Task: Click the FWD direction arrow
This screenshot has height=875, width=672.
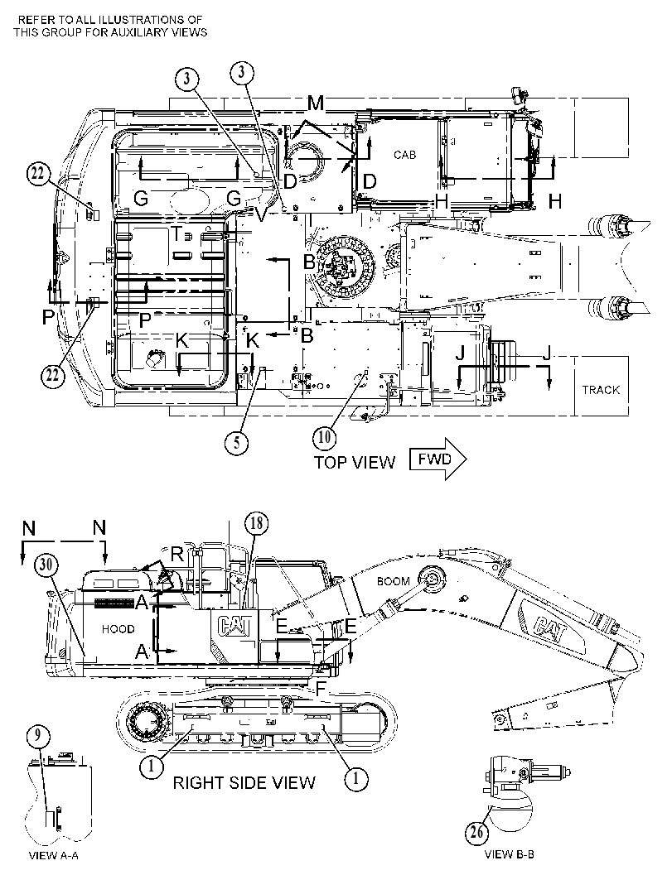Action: [x=438, y=459]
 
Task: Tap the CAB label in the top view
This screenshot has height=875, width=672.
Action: [x=405, y=155]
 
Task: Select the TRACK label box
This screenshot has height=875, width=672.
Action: [x=601, y=386]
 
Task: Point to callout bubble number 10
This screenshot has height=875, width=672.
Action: [x=325, y=437]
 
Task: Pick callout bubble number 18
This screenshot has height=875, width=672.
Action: [x=256, y=523]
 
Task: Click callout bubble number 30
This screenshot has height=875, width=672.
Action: [x=46, y=565]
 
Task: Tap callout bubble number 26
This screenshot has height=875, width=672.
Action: [x=477, y=833]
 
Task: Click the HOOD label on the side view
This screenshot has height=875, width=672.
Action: [x=118, y=629]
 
